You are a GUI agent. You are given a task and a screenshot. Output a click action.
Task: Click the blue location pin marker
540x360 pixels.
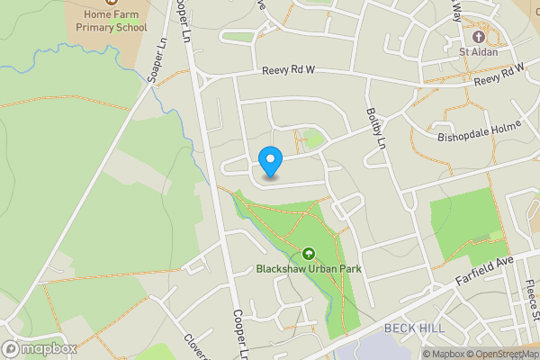coord(270,162)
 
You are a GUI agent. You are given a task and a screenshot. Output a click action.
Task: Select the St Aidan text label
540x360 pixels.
coord(477,51)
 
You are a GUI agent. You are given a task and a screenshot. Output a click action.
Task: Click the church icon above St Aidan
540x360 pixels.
coord(477,37)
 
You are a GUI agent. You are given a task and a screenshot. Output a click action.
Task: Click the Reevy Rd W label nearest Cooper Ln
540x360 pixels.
coord(289,71)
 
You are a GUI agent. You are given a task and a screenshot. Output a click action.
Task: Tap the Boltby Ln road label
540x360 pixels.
coord(375,128)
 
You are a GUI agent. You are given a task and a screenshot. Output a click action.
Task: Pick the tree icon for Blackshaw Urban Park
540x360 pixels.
coord(309,254)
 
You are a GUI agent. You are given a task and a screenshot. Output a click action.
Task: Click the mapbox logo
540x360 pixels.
coord(40,348)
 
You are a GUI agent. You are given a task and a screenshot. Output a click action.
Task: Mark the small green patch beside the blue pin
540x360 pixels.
coord(313,139)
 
